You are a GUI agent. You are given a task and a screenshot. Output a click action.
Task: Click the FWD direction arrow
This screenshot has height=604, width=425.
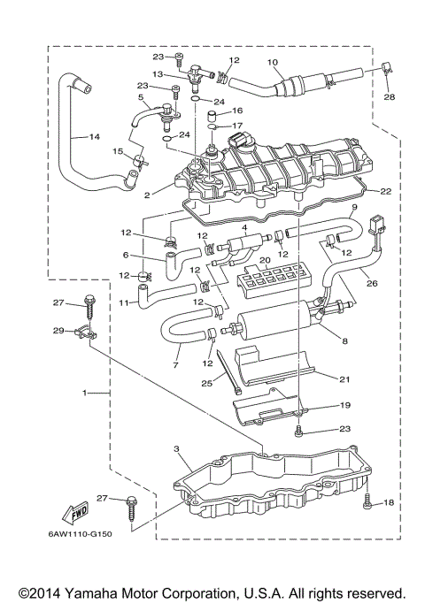click(75, 513)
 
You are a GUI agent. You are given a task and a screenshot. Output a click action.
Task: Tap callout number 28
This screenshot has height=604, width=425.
click(389, 96)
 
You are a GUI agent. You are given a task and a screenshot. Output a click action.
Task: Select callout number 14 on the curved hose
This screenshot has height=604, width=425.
click(95, 137)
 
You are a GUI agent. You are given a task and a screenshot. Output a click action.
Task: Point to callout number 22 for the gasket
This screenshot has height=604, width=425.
click(386, 191)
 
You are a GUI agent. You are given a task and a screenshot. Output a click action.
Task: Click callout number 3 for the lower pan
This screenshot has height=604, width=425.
click(176, 448)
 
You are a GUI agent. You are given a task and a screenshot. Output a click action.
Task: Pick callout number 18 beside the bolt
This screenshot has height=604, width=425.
click(389, 502)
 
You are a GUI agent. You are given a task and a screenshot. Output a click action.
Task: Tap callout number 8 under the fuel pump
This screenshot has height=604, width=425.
click(344, 340)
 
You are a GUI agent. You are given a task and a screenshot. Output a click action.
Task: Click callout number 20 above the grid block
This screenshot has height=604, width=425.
click(264, 260)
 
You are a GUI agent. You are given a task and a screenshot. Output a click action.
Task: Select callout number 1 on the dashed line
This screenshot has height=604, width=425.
click(84, 393)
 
